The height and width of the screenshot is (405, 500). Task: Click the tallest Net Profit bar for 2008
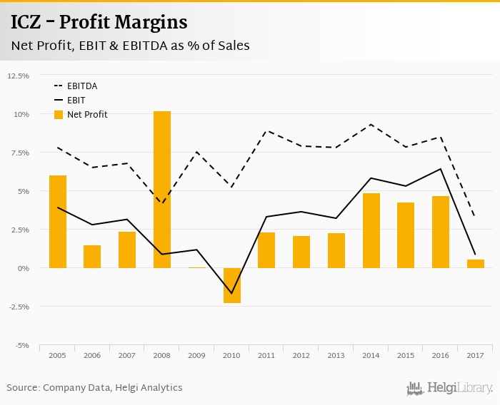coord(162,189)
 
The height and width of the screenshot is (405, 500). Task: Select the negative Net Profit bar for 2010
coord(232,285)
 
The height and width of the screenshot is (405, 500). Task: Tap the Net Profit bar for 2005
coord(58,221)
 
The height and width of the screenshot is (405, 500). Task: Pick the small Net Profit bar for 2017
coord(476,264)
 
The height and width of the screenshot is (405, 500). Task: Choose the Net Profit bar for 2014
coord(371,230)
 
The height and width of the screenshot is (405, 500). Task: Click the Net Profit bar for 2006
coord(92,257)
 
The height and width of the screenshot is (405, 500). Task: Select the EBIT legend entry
coord(76,101)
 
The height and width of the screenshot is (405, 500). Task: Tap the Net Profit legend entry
coord(86,115)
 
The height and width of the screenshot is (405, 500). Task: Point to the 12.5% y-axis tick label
coord(19,76)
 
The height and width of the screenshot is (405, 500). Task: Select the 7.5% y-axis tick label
coord(20,153)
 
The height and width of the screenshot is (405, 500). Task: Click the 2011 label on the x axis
coord(266,354)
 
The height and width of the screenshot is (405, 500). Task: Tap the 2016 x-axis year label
coord(441,354)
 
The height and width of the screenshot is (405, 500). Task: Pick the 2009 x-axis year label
coord(196,354)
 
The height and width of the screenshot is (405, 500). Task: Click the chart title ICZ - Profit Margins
coord(99,23)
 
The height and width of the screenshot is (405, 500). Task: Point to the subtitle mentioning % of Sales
coord(130,46)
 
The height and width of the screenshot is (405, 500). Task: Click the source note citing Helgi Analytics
coord(95,388)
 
